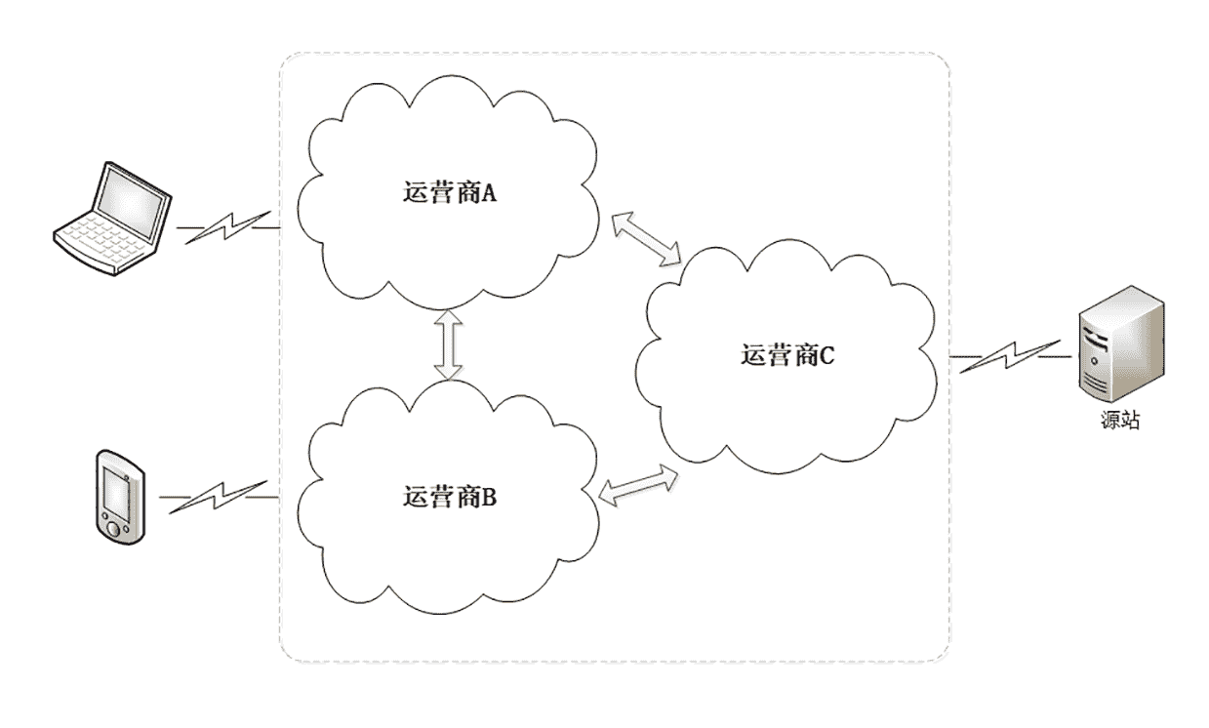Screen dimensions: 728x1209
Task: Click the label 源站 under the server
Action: [x=1114, y=422]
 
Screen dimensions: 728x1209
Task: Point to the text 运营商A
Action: [x=450, y=193]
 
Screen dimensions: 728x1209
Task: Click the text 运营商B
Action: [x=450, y=497]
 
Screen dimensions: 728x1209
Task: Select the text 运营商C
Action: [x=787, y=355]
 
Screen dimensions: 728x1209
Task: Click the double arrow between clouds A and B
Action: [x=448, y=344]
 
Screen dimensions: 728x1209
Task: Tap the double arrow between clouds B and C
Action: [x=639, y=484]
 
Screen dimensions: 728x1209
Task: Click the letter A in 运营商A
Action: [x=489, y=193]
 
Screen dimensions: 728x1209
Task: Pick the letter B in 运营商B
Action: [x=489, y=497]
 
